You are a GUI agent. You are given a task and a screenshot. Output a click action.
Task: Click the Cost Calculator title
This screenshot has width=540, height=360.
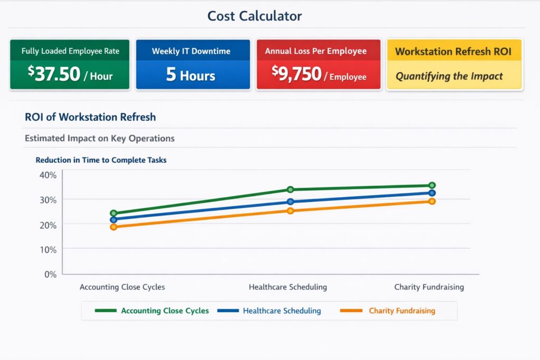coord(254,16)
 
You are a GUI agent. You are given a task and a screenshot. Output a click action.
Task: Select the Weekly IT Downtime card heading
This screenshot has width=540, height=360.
coord(191,51)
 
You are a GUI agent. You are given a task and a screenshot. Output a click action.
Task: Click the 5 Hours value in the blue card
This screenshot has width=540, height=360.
coord(190,75)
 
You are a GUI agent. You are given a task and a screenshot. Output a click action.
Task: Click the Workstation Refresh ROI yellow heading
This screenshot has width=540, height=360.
coord(454,52)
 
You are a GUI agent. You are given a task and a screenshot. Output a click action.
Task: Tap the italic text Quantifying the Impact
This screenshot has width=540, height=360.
coord(449,76)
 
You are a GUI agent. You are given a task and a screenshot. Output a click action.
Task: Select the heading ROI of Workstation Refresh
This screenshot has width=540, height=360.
coord(90,117)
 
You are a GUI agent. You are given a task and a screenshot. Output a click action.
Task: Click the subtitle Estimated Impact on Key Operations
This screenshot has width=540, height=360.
coord(100,139)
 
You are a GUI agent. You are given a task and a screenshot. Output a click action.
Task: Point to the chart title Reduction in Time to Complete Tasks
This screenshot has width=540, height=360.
coord(101,160)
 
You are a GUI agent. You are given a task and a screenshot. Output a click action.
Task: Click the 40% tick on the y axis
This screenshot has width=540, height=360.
coord(46,175)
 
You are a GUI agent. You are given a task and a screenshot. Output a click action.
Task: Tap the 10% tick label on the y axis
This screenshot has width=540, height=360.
coord(46,249)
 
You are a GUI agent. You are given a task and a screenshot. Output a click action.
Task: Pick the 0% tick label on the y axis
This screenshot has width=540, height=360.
coord(49,274)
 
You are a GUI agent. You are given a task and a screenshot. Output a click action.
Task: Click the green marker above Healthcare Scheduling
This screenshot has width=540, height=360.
coord(290,190)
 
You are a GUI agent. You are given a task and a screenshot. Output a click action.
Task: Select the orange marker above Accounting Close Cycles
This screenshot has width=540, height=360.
coord(113,227)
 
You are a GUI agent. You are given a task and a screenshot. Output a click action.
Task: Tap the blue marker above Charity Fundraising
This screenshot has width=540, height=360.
coord(432,193)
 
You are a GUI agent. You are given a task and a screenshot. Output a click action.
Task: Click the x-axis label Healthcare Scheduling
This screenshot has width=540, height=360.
coord(287,287)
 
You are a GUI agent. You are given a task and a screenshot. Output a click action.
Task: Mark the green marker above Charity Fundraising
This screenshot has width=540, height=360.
coord(432,186)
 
